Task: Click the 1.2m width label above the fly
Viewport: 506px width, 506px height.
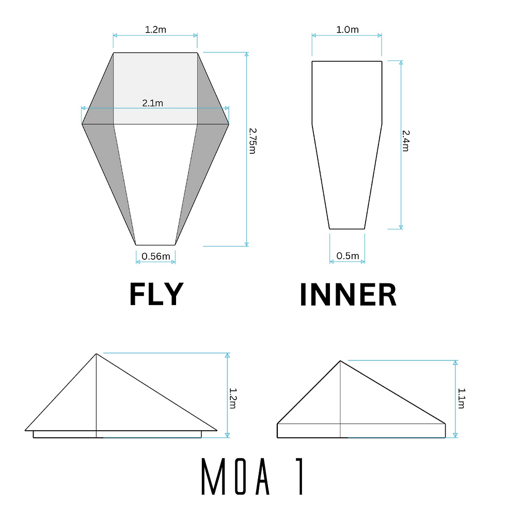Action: (x=155, y=29)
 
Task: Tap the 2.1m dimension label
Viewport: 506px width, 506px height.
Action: (x=153, y=103)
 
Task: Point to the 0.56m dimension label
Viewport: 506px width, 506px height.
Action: (x=155, y=256)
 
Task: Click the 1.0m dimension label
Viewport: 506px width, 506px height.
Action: (x=347, y=29)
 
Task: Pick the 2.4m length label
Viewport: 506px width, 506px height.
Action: (x=406, y=140)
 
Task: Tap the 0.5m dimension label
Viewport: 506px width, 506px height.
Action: (x=347, y=256)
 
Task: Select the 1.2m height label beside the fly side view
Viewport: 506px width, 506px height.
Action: (x=232, y=396)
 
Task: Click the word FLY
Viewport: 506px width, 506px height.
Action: (x=156, y=295)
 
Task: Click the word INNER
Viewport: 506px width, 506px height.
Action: (x=348, y=295)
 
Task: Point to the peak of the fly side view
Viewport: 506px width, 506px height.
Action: (x=96, y=354)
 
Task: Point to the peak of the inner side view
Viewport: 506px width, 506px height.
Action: (x=340, y=361)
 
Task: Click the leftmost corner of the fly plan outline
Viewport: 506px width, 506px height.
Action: (x=82, y=124)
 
